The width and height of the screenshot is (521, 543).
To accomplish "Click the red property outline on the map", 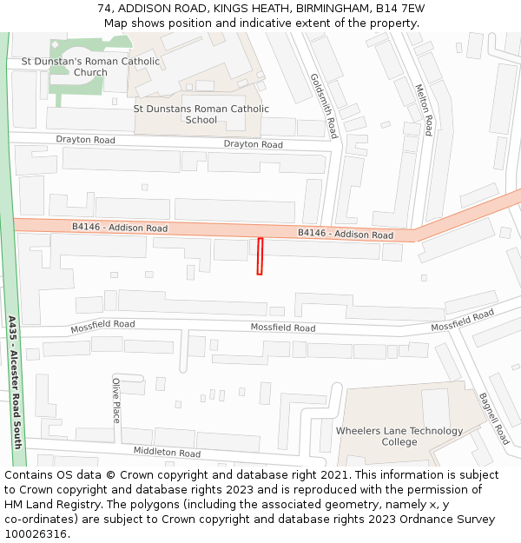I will coord(260,256).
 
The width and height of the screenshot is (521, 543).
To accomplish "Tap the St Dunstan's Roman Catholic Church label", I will coord(90,67).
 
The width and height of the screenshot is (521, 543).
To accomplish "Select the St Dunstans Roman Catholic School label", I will coord(201,114).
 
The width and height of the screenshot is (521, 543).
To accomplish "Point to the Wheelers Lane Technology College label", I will coord(399,436).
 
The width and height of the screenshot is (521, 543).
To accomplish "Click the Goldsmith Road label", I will coord(323,106).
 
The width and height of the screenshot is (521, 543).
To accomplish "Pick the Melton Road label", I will coord(424,109).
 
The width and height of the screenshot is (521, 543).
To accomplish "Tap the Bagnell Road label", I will coord(493,419).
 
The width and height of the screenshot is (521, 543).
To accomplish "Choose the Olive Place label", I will coord(115,400).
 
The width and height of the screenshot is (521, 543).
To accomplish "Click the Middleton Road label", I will coord(167,453).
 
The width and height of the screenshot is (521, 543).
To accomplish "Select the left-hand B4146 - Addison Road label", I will coord(120,228).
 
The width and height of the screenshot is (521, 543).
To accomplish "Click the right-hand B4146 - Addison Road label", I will coord(345,234).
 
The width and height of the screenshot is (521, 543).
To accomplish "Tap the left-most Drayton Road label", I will coord(85,140).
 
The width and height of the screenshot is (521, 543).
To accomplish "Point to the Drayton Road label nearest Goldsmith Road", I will coord(253,144).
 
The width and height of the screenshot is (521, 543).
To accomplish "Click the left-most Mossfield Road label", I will coord(102,325).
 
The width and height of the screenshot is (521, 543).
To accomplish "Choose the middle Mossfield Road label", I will coord(283,328).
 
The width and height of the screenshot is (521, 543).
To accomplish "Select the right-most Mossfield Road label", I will coord(462,320).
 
